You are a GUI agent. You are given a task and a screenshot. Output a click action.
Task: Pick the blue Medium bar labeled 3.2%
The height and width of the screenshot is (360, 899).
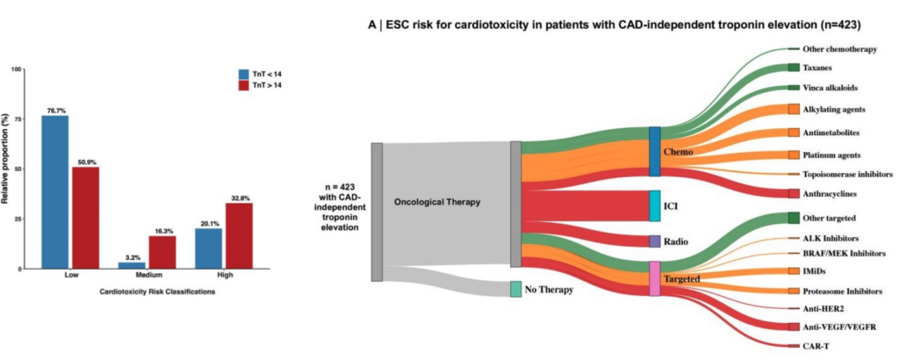[132, 264]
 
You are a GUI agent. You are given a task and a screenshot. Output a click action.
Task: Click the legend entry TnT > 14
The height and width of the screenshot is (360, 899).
[261, 86]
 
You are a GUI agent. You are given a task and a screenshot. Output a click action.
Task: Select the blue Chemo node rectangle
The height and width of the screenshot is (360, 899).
[654, 151]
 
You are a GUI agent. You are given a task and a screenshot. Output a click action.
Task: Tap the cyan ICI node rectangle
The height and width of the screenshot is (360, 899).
[654, 205]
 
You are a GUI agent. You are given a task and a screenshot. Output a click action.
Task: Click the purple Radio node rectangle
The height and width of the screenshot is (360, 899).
[654, 241]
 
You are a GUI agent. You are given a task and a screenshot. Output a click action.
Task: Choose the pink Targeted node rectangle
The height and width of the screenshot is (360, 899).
[654, 277]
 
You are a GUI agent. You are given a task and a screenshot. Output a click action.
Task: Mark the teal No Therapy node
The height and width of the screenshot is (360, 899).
[516, 289]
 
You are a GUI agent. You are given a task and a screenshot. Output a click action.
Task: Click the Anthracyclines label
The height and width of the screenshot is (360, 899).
[830, 193]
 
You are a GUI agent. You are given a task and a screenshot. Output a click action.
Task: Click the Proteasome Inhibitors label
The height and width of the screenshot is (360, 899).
[842, 291]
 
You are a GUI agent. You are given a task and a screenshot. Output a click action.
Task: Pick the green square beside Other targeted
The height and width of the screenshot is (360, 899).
[794, 217]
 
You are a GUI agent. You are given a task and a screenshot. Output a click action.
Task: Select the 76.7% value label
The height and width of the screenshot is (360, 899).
[54, 110]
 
